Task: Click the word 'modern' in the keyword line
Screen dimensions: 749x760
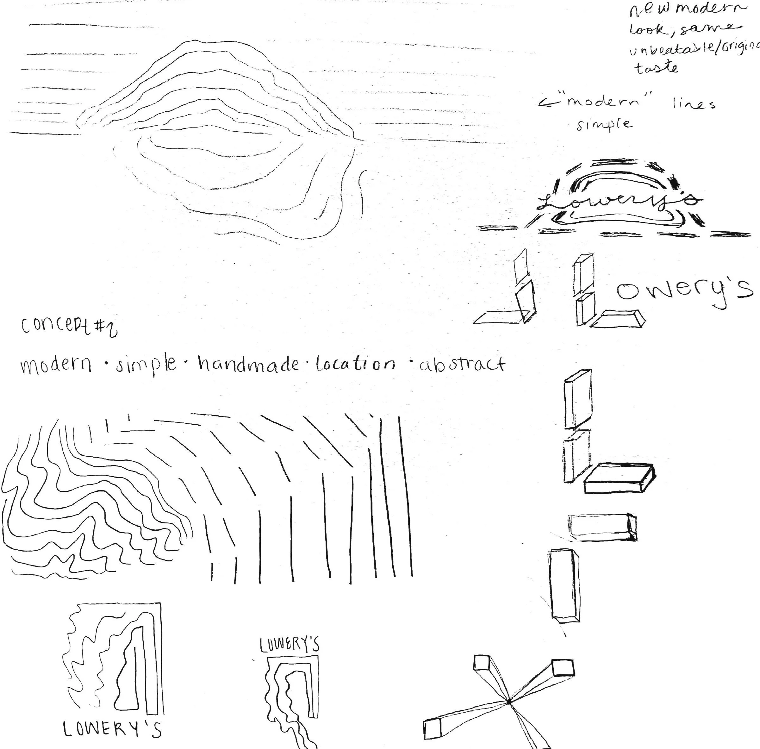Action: (56, 365)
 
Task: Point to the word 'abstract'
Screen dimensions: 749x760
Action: (462, 364)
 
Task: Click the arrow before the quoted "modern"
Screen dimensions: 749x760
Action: (547, 103)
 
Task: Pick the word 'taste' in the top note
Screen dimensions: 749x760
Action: (656, 68)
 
